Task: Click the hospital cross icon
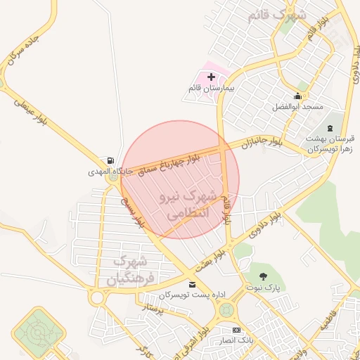[x=211, y=75]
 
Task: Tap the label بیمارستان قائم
[x=210, y=88]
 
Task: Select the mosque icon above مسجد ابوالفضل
[x=297, y=96]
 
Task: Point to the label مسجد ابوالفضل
[x=297, y=107]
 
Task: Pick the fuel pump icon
[x=109, y=160]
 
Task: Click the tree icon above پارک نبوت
[x=263, y=276]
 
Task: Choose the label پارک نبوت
[x=263, y=288]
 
